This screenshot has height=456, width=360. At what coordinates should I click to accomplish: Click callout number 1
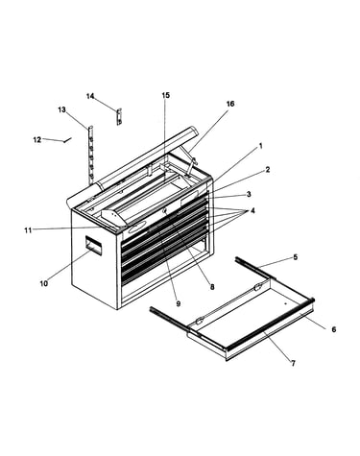point(261,146)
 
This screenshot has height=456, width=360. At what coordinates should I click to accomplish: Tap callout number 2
point(268,170)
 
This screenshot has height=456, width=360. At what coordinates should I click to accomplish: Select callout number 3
point(249,194)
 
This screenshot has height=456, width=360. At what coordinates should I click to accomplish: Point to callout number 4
point(252,211)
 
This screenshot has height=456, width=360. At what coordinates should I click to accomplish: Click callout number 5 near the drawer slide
point(296,256)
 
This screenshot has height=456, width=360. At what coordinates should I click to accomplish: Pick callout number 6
point(334,329)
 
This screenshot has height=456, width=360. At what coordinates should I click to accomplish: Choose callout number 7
point(293,363)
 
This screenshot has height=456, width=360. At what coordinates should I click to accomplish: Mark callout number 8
point(212,287)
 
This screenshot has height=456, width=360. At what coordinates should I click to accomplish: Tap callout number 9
point(179,303)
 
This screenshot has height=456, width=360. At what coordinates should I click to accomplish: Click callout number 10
point(44,283)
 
